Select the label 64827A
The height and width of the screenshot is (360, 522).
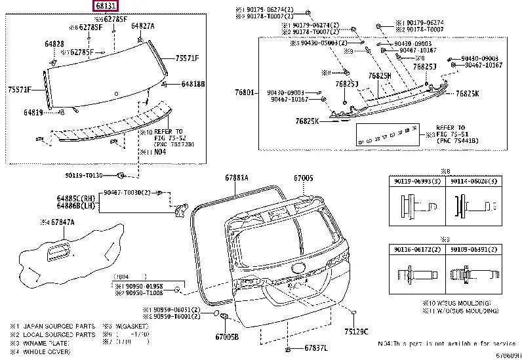[142, 26]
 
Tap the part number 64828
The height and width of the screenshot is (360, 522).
[54, 43]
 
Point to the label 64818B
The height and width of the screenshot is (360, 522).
[193, 84]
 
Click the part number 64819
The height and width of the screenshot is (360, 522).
[33, 113]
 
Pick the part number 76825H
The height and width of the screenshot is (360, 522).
[379, 76]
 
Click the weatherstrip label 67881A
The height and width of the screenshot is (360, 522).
[237, 177]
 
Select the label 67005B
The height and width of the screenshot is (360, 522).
[227, 336]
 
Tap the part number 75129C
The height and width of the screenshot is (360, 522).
[357, 331]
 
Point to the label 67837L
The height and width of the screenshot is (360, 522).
[318, 348]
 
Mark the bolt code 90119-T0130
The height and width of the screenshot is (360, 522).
[85, 175]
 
